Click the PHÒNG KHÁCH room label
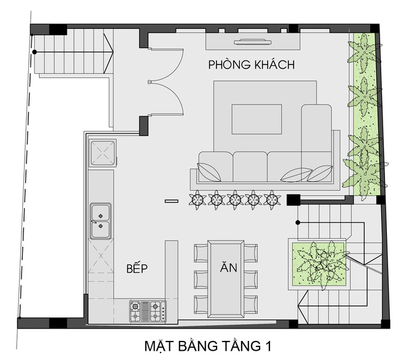point(252,65)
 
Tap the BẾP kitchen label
point(137,268)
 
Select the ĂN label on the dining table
point(228,266)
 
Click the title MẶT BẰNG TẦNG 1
point(208,346)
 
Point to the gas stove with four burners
point(148,311)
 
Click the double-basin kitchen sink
point(101,221)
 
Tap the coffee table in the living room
point(257,119)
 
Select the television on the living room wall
point(253,42)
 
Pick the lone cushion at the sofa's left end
point(209,172)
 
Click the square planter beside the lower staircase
point(319,264)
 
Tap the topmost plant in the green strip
point(364,52)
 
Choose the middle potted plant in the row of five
point(235,199)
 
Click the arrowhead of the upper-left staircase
point(108,52)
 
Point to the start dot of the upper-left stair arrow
point(34,52)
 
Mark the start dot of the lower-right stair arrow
point(298,222)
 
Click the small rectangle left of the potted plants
point(172,201)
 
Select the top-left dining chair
point(201,253)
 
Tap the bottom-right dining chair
point(250,305)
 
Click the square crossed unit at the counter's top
point(103,153)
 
